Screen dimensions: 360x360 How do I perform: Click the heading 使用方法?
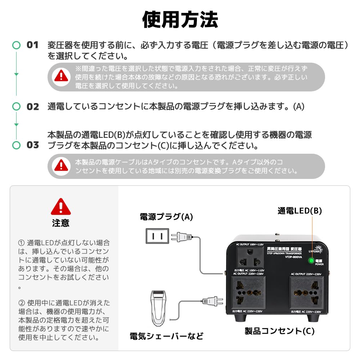click(180, 19)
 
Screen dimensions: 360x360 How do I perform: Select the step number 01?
click(32, 45)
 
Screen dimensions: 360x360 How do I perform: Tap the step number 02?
click(33, 107)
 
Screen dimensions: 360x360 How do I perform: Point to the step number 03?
click(33, 145)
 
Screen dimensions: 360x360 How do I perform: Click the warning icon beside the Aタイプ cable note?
click(61, 166)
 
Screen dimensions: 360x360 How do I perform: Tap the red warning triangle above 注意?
click(61, 207)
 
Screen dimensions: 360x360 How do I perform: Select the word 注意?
click(61, 223)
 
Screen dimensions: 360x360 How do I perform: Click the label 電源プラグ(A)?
click(166, 217)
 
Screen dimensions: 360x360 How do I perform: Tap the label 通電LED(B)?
click(300, 211)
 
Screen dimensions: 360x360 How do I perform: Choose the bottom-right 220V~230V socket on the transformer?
click(306, 292)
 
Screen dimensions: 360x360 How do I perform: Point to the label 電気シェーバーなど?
click(166, 336)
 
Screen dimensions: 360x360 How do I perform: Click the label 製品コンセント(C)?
click(279, 331)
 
